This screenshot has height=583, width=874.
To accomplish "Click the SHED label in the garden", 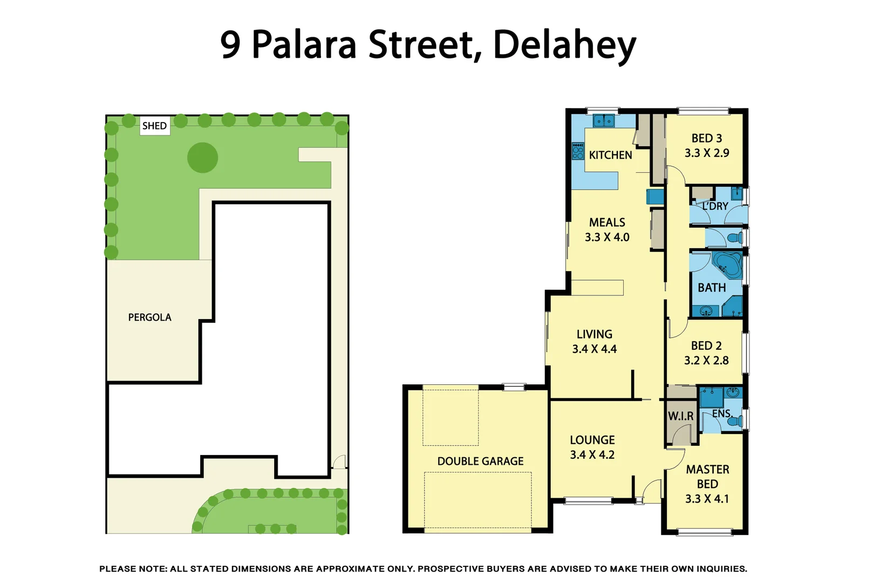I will [x=154, y=126].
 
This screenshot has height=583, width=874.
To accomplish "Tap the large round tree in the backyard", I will [x=202, y=158].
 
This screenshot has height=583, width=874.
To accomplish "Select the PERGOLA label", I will [x=149, y=317].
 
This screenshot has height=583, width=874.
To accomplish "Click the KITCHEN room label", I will [x=610, y=155].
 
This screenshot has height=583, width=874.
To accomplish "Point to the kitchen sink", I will [x=604, y=120].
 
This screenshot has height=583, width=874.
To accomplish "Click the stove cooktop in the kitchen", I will [x=578, y=151].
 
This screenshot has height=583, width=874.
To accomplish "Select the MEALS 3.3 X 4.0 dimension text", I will [x=607, y=237].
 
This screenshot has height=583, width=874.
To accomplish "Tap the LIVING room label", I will [x=594, y=334].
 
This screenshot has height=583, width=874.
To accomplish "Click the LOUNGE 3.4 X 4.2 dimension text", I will [x=592, y=455].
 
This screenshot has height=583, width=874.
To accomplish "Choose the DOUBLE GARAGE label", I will [x=480, y=461].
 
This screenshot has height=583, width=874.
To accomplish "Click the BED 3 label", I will [x=706, y=138].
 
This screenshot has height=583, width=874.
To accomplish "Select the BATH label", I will [x=712, y=288].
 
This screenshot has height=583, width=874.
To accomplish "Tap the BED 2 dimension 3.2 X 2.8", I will [x=706, y=360].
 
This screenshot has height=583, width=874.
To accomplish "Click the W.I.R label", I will [x=680, y=416].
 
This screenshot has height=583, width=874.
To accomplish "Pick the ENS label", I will [x=721, y=413].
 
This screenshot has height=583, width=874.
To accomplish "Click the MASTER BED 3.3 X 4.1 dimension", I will [x=707, y=499].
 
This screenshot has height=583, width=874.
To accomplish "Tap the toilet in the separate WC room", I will [x=735, y=238].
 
